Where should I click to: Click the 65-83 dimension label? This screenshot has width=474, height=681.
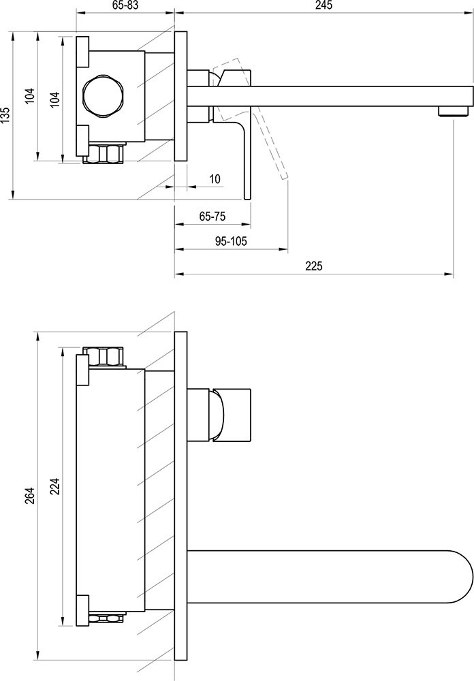[x=125, y=5]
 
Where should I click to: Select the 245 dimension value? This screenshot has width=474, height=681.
[x=323, y=5]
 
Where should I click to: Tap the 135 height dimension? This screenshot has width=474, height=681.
[x=5, y=116]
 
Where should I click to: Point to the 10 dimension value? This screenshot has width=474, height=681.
[x=215, y=178]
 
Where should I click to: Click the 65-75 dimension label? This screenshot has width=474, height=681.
[x=212, y=217]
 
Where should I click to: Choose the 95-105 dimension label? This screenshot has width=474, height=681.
[x=231, y=241]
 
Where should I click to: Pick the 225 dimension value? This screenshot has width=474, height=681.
[x=314, y=266]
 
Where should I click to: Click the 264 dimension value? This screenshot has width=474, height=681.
[x=29, y=496]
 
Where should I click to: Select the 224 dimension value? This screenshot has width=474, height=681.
[x=55, y=486]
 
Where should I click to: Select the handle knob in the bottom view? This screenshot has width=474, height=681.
[x=231, y=414]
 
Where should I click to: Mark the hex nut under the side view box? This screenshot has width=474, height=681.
[x=104, y=154]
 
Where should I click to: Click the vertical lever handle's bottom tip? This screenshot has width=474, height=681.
[x=248, y=198]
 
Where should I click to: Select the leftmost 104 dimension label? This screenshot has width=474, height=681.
[x=29, y=96]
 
